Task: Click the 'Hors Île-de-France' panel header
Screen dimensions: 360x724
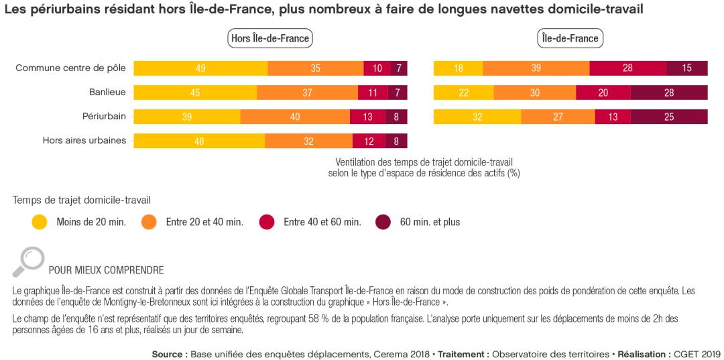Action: click(270, 38)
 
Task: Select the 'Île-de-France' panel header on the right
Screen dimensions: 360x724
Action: click(570, 38)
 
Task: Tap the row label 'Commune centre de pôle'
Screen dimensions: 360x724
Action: click(70, 68)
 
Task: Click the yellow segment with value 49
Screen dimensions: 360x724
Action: click(200, 68)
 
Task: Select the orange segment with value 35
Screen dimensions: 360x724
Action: click(315, 68)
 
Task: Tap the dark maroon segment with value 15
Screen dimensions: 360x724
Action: click(687, 68)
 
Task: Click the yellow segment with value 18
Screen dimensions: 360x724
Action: click(458, 68)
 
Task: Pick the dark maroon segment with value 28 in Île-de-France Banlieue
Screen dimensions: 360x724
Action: click(668, 93)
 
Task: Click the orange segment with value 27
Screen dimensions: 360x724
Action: click(558, 117)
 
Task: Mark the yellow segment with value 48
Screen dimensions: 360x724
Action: click(199, 141)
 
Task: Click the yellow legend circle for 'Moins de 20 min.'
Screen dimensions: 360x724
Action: click(40, 222)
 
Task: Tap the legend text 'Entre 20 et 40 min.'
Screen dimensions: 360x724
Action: click(204, 222)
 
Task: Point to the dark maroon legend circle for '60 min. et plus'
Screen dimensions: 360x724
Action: click(383, 222)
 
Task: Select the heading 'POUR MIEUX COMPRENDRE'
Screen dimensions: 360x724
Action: click(106, 271)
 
